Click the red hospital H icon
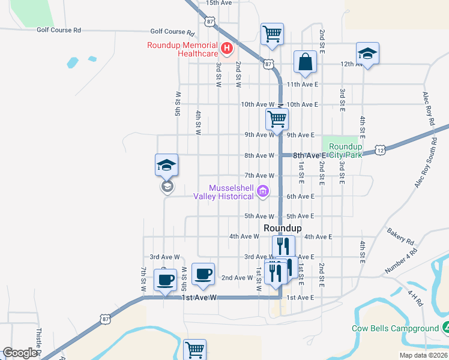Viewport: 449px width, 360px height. coord(227,48)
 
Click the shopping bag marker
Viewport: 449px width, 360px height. coord(305,62)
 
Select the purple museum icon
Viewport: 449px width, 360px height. coord(262,192)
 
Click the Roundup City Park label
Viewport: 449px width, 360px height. coord(346,151)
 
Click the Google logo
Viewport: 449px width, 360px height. coord(19,353)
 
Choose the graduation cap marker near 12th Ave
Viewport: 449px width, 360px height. coord(367,54)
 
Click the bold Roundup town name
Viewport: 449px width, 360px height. coord(282,228)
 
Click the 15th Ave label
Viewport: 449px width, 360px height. coord(218,3)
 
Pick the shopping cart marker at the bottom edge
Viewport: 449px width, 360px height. coord(194,350)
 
